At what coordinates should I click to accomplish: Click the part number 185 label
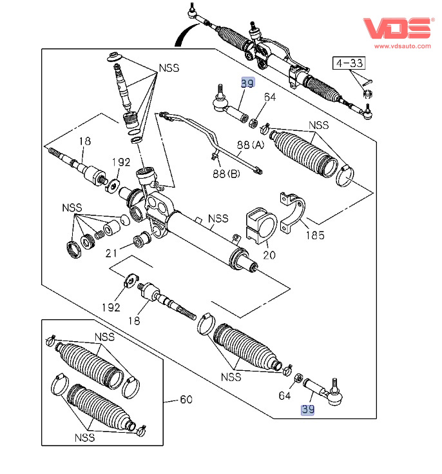[314, 236]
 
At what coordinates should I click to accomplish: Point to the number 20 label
[269, 255]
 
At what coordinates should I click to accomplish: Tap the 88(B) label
[226, 173]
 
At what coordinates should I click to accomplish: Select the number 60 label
[186, 400]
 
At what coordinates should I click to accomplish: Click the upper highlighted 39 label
[247, 83]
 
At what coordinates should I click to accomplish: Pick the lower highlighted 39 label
[309, 410]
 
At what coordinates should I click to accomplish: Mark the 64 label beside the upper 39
[269, 97]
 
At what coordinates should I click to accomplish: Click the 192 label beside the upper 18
[120, 162]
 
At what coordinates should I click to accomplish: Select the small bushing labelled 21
[140, 242]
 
